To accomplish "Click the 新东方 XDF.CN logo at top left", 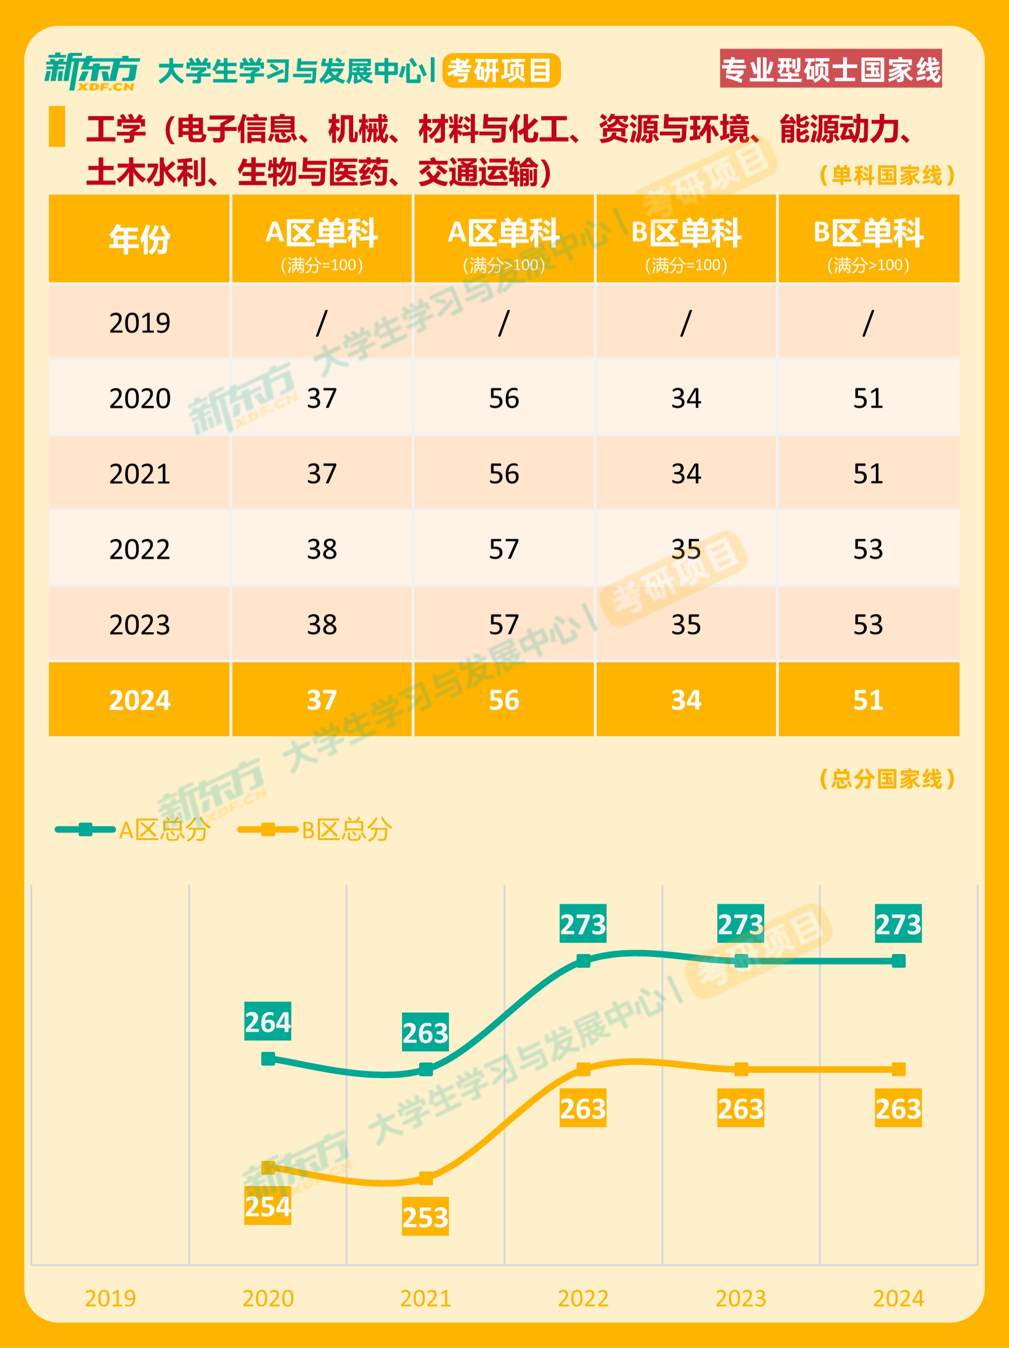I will tap(91, 71).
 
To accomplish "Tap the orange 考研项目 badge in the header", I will tap(501, 71).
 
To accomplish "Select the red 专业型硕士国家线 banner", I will tap(830, 69).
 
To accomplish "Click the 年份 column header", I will tap(140, 239).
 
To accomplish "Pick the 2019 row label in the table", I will tap(140, 323).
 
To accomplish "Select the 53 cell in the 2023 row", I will tap(868, 625).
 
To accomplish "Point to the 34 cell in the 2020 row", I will tap(686, 399).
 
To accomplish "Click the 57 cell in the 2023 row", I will tap(504, 625).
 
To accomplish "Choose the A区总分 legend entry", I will tap(133, 830).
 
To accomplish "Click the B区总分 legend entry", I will tap(315, 830).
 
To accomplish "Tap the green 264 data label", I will tap(267, 1023).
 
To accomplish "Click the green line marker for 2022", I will tap(583, 961).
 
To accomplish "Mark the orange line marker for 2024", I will tap(898, 1069).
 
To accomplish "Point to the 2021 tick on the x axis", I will tap(425, 1299).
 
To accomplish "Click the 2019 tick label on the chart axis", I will tap(110, 1299).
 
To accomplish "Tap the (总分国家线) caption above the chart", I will tap(886, 779).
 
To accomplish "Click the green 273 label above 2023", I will tap(740, 924).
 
